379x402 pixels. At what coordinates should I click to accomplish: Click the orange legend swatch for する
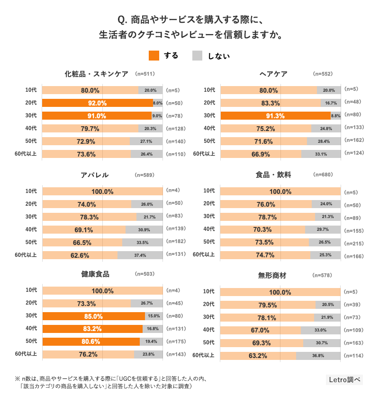coord(154,55)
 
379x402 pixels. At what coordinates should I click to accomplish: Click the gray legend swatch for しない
coord(197,55)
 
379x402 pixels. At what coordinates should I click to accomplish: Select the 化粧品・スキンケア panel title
coord(97,74)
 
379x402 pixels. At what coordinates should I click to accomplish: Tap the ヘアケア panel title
coord(273,74)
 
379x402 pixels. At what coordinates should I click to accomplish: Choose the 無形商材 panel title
coord(272,275)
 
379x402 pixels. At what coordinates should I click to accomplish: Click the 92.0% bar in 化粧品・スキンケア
coord(98,103)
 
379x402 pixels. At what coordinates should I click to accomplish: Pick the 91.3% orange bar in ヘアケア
coord(275,115)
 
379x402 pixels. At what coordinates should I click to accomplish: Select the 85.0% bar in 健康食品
coord(93,316)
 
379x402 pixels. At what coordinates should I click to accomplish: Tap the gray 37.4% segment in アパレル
coord(140,255)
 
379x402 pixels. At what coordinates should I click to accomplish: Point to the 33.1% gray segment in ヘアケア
coord(321,154)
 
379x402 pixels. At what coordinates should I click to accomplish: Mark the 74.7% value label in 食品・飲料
coord(265,255)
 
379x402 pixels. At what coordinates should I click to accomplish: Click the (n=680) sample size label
coord(323,175)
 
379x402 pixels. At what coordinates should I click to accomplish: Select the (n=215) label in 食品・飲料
coord(353,243)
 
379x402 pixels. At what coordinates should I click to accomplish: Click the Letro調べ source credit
coord(344,379)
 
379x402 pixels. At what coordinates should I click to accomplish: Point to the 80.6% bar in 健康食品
coord(91,341)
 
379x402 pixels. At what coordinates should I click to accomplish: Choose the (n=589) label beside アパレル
coord(144,175)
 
